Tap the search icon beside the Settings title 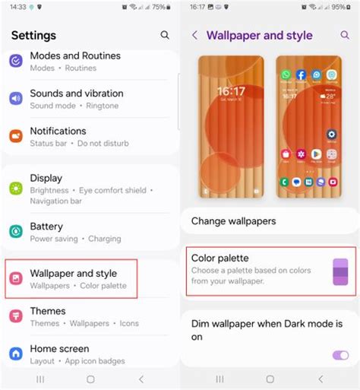(165, 35)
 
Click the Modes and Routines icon (16, 61)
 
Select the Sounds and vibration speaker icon (16, 99)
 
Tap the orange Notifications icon (16, 136)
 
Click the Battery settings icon (16, 231)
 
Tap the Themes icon (16, 316)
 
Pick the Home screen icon (16, 354)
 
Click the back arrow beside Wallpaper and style (195, 35)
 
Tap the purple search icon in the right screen (346, 35)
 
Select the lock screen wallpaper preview (231, 126)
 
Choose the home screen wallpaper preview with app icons (308, 126)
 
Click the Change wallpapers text (233, 221)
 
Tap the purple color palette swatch (339, 272)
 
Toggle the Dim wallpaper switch (339, 355)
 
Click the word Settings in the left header (33, 35)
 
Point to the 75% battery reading (159, 7)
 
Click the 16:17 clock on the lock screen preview (231, 92)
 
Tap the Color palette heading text (220, 258)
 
